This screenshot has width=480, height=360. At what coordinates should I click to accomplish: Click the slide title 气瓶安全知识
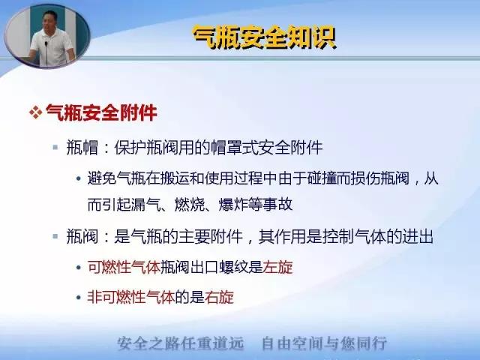tap(265, 38)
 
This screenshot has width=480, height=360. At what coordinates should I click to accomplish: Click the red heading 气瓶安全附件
tap(101, 112)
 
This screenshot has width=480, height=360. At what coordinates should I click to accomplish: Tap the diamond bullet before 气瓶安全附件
tap(35, 112)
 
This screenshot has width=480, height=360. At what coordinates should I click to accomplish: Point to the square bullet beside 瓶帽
tap(55, 148)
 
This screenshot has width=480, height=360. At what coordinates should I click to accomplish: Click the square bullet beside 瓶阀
tap(55, 236)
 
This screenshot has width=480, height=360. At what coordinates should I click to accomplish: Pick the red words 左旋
tap(277, 267)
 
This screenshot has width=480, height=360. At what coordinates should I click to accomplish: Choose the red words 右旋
tap(219, 297)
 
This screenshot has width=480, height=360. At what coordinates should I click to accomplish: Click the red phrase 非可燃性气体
tap(131, 297)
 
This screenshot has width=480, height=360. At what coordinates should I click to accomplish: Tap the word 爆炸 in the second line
tap(233, 205)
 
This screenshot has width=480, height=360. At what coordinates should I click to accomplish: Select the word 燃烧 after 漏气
tap(189, 205)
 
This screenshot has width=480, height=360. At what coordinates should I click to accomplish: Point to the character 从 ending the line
tap(431, 178)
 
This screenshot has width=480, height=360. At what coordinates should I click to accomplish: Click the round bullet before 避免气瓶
tap(79, 178)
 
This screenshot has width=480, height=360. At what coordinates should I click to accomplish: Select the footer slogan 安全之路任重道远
tap(181, 343)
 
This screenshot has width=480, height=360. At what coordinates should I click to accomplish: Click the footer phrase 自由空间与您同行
tap(325, 343)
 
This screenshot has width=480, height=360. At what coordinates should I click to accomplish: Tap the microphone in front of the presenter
tap(46, 52)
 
